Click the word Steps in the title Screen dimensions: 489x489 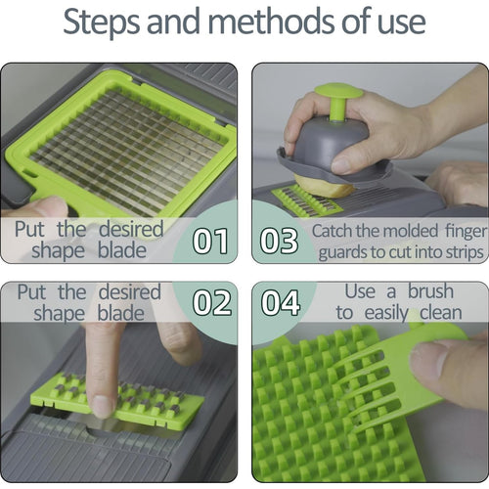[x=102, y=22]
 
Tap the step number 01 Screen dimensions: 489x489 [x=210, y=241]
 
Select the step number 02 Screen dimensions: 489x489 [x=212, y=303]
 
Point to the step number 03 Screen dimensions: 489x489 [x=279, y=241]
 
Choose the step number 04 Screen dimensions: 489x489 [x=281, y=303]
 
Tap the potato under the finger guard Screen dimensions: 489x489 [x=325, y=186]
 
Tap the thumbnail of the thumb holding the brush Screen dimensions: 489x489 [x=427, y=359]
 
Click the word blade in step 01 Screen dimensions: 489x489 [x=122, y=250]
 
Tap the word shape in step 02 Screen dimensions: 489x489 [x=59, y=315]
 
